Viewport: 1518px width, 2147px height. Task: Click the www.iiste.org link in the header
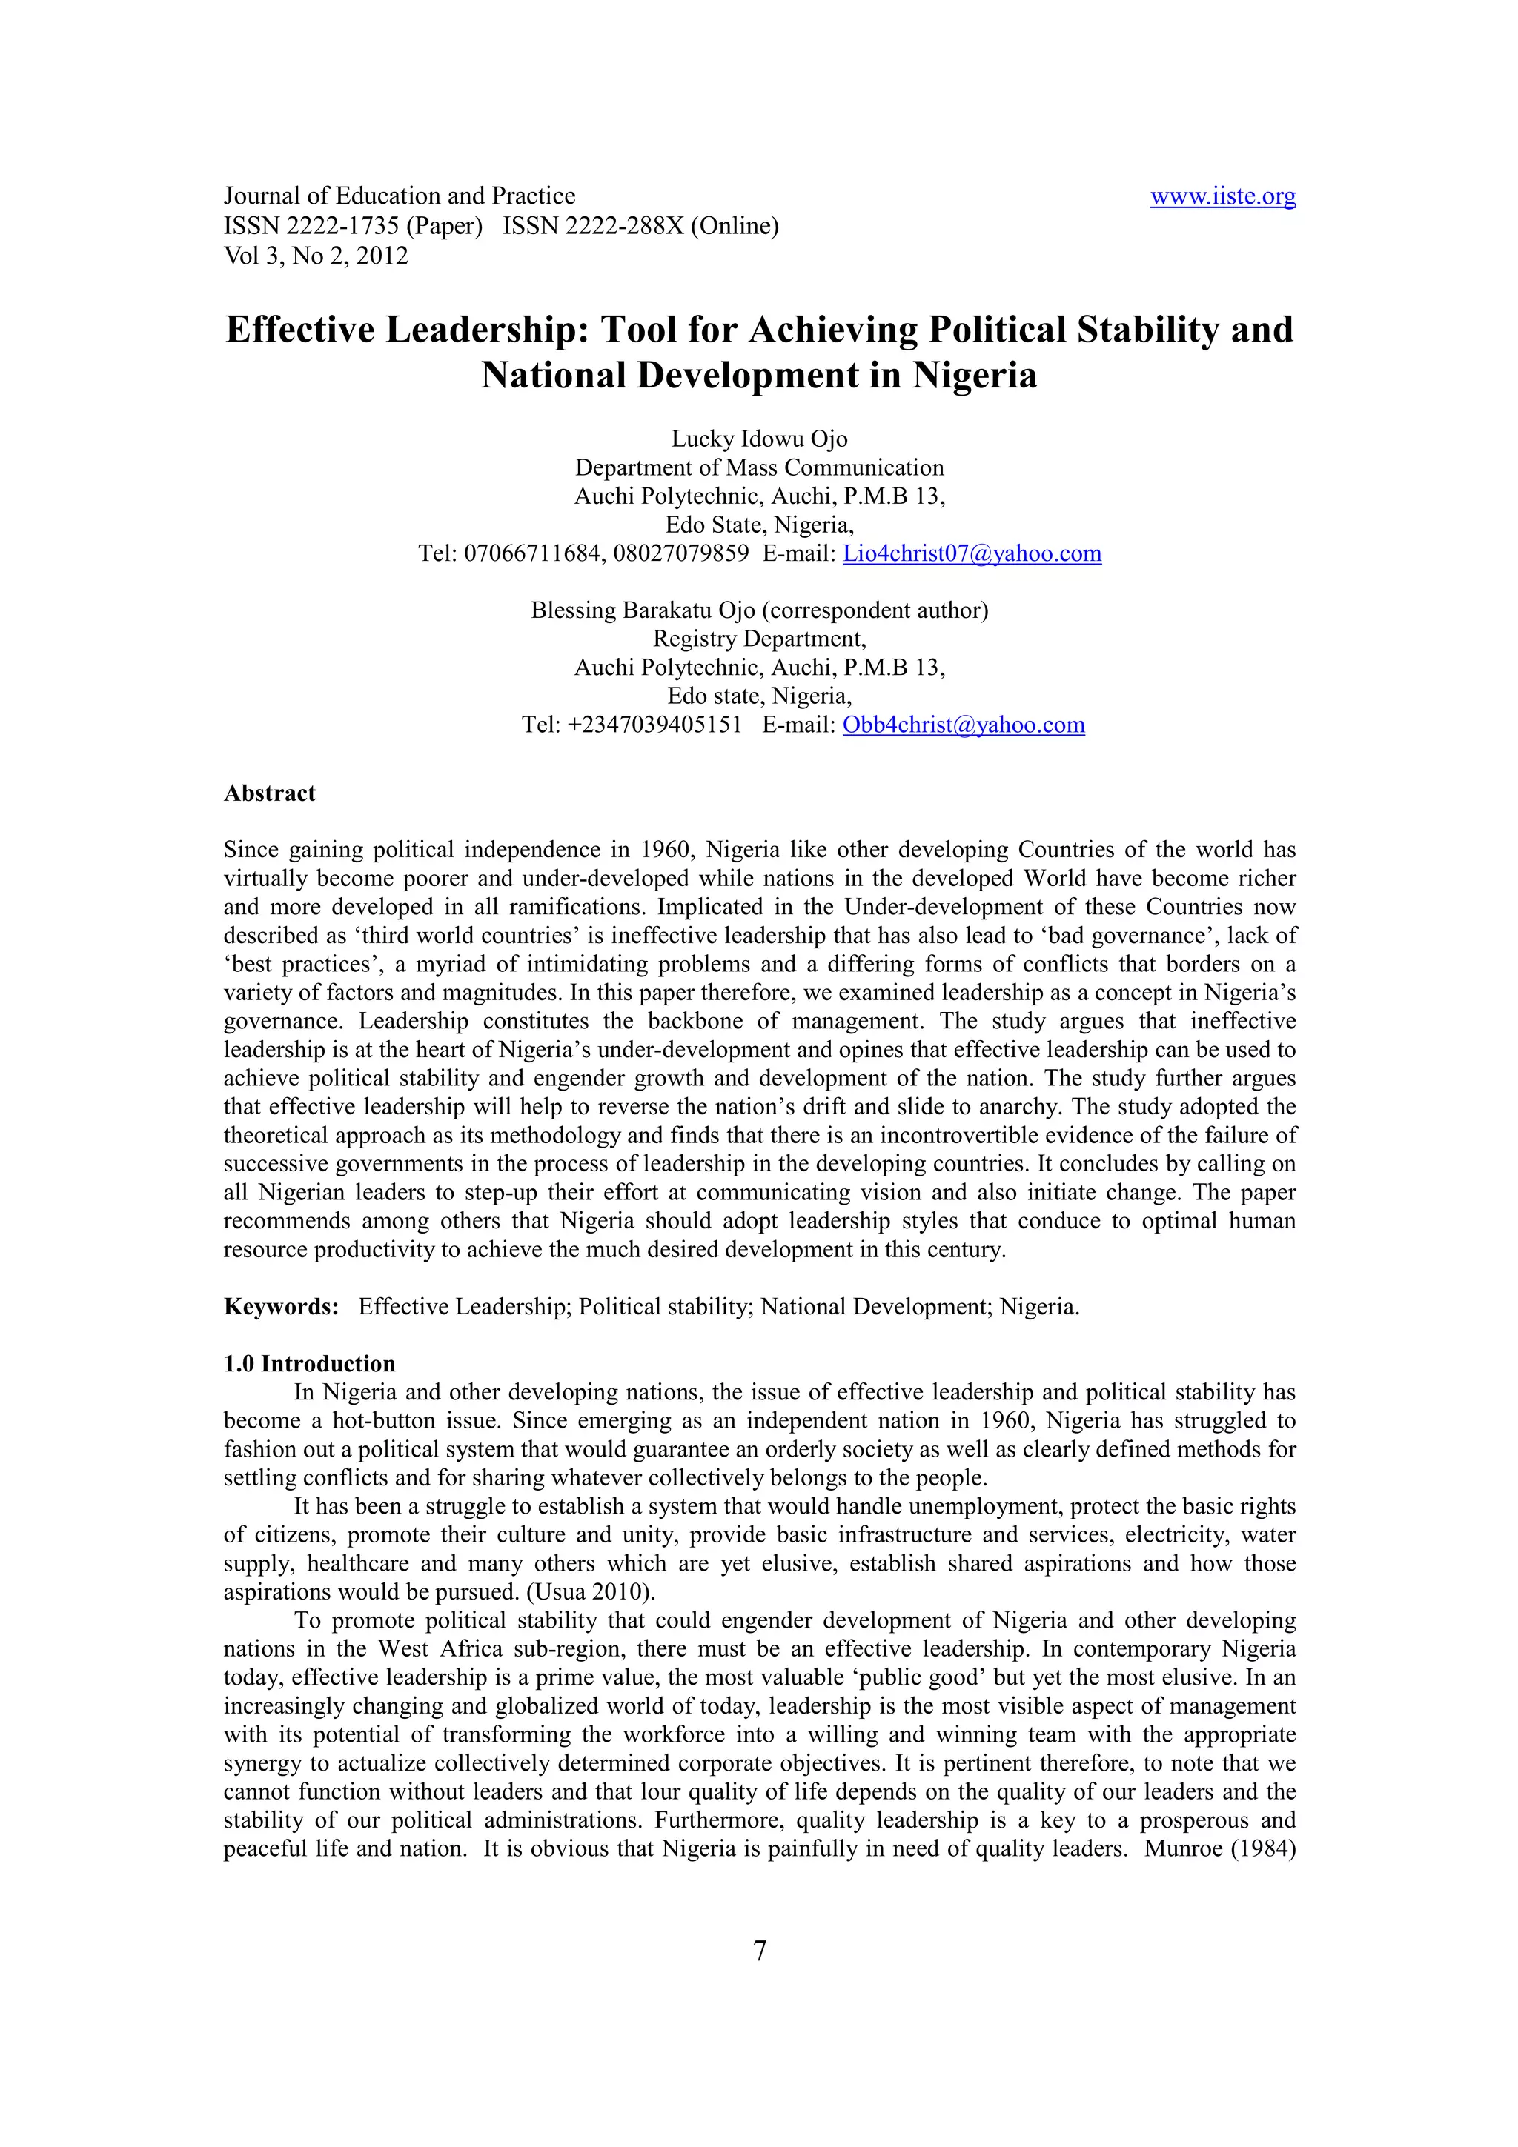coord(1222,196)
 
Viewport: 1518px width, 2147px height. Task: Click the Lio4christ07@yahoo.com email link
coord(972,553)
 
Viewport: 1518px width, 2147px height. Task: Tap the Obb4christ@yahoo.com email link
coord(964,725)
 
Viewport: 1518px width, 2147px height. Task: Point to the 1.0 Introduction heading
coord(310,1363)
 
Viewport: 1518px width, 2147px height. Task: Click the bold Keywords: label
coord(281,1306)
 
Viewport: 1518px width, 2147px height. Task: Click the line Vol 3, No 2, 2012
coord(316,256)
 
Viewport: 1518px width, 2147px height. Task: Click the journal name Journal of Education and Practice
coord(400,196)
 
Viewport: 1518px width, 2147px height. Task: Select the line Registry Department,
coord(758,639)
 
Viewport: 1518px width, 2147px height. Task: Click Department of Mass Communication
coord(758,467)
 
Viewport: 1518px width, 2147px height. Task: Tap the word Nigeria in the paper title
coord(975,375)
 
